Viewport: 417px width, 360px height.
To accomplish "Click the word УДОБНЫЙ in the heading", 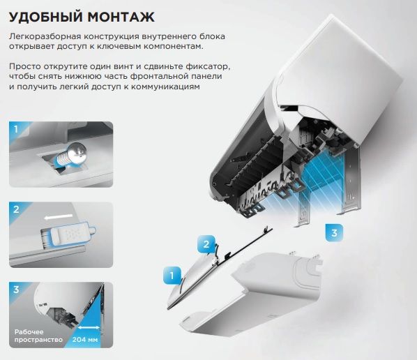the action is pos(46,17).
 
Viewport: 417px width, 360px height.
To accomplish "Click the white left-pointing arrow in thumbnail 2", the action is pos(59,217).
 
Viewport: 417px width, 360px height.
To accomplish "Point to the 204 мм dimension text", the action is pos(85,340).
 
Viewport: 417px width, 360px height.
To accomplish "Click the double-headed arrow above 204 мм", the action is pos(89,327).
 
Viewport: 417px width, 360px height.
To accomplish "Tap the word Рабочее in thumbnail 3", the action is pos(29,332).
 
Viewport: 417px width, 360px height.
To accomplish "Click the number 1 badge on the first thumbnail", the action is pos(16,129).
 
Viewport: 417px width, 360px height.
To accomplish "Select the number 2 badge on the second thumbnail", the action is pos(16,209).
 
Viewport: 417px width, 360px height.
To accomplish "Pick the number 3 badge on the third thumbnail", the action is pos(16,290).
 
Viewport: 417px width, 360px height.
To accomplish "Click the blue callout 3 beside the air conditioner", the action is pos(334,233).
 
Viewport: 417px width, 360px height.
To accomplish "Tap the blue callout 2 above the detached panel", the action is pos(206,244).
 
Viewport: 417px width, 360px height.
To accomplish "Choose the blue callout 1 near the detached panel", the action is pos(172,275).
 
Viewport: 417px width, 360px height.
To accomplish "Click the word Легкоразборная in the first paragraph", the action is pos(43,37).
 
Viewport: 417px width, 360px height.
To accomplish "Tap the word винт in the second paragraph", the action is pos(121,66).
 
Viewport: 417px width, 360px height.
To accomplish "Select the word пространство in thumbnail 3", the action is pos(38,340).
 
